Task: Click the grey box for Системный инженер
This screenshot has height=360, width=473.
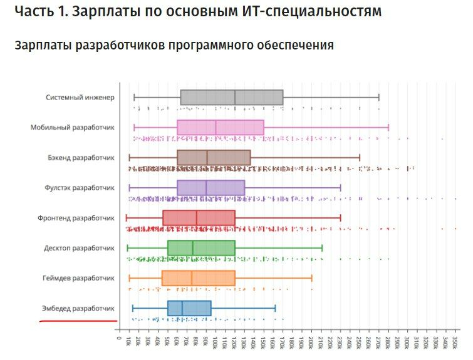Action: [231, 98]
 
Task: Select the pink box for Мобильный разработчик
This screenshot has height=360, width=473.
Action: [220, 128]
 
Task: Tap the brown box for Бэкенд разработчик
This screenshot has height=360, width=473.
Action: [214, 157]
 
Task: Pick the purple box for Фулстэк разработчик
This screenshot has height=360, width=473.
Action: [211, 187]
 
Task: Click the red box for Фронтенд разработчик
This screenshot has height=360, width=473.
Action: [199, 218]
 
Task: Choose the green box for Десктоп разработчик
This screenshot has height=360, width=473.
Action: [201, 248]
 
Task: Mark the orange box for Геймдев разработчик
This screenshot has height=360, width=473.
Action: [198, 278]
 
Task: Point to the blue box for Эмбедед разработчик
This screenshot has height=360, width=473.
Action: [189, 308]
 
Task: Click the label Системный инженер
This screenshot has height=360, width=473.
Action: [80, 98]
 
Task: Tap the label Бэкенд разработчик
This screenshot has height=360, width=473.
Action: [81, 157]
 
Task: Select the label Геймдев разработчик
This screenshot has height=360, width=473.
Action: [78, 278]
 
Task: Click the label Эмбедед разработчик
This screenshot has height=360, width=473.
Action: [78, 308]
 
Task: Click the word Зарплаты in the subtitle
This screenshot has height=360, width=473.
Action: [39, 46]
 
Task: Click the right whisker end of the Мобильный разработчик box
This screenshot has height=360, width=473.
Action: [388, 128]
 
